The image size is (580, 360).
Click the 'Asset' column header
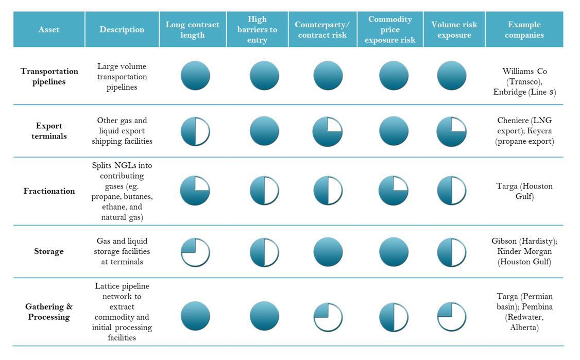tap(49, 29)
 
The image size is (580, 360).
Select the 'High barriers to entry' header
tap(257, 29)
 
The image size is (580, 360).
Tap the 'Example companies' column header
tap(524, 29)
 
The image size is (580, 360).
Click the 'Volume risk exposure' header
tap(454, 29)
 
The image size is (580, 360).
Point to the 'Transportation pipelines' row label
tap(49, 76)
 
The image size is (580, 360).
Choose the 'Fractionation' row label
tap(49, 191)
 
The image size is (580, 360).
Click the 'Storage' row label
tap(49, 251)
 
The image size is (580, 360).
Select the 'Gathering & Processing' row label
tap(49, 312)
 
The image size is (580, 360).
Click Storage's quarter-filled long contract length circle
tap(195, 252)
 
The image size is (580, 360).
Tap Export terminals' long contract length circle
tap(195, 131)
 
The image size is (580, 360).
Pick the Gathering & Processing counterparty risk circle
tap(328, 316)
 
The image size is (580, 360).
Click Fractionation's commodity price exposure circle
tap(394, 191)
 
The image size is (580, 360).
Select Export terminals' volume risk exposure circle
tap(451, 131)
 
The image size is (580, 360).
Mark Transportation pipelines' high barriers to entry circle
tap(264, 76)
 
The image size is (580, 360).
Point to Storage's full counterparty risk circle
tap(328, 252)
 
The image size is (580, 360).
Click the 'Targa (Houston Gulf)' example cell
tap(524, 191)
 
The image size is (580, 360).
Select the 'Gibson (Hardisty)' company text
tap(524, 241)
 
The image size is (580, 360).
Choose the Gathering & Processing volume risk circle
tap(451, 316)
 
